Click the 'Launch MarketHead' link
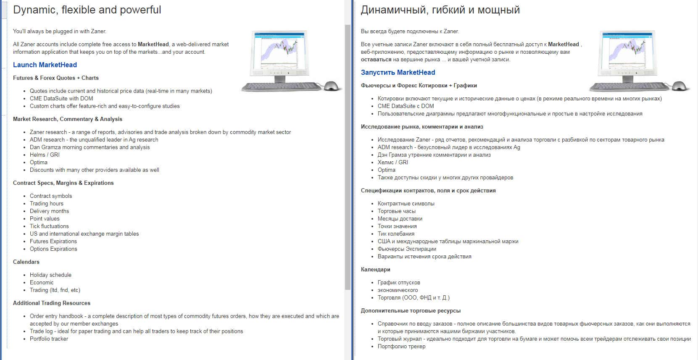coord(45,65)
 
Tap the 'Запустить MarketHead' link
coord(398,72)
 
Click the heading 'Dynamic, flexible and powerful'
coord(87,10)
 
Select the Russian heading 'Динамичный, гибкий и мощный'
coord(440,10)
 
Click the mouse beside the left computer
coord(332,86)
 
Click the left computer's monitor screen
coord(279,50)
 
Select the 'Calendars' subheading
coord(26,262)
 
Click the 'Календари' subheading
coord(375,269)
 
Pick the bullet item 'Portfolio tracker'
coord(49,339)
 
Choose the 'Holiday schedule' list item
coord(50,275)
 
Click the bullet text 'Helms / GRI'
coord(45,155)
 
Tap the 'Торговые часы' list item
coord(396,211)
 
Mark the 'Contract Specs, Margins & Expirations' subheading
coord(63,183)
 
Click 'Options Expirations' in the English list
coord(53,249)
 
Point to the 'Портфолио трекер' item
coord(401,346)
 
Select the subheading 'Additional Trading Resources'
coord(51,303)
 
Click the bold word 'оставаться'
coord(376,60)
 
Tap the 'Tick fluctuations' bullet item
coord(49,226)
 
